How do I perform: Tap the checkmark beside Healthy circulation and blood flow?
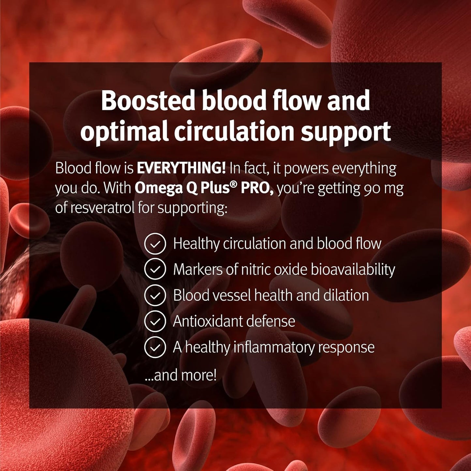pyautogui.click(x=155, y=244)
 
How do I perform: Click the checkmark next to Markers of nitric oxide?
pyautogui.click(x=155, y=270)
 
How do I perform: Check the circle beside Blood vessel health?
pyautogui.click(x=155, y=295)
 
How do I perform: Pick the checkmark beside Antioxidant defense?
pyautogui.click(x=155, y=321)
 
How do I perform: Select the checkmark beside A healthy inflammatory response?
pyautogui.click(x=155, y=347)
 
